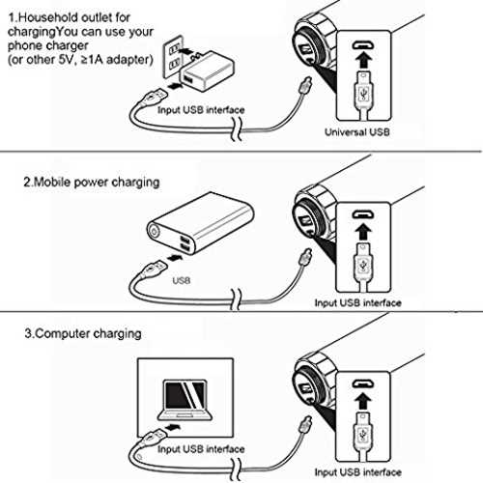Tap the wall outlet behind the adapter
point(173,57)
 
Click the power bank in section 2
point(200,223)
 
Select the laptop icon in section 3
point(185,400)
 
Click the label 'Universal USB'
point(357,132)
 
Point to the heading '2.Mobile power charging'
point(92,183)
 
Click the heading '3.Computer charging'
point(83,333)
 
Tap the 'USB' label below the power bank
point(182,280)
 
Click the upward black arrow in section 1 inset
point(363,60)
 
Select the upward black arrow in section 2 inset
point(363,231)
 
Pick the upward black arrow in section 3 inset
point(363,401)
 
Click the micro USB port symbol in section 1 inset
point(363,44)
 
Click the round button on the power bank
point(154,232)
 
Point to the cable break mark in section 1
point(237,128)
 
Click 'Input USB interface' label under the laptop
point(201,449)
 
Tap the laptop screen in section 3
point(185,396)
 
